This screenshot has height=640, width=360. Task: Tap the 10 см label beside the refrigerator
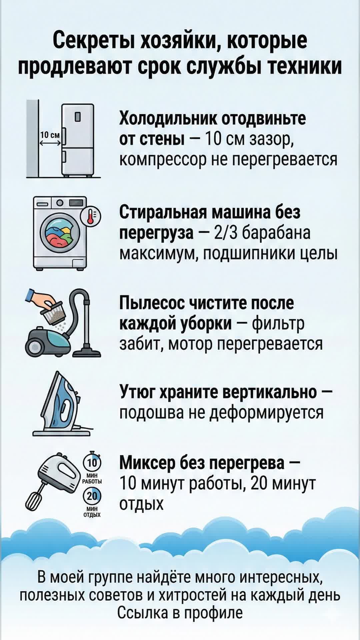point(50,135)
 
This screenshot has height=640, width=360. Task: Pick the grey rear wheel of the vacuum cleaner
point(34,348)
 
